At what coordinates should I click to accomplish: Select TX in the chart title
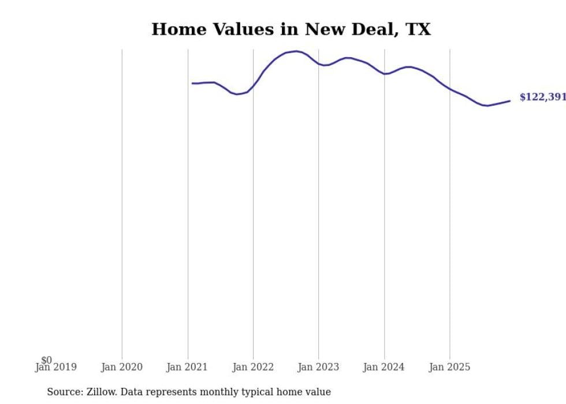coord(418,29)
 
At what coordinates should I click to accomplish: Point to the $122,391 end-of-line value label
coord(542,97)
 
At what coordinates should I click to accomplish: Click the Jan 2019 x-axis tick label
coord(56,367)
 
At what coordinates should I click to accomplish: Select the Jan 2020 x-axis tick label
coord(122,367)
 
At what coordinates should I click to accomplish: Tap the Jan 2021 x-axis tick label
coord(188,367)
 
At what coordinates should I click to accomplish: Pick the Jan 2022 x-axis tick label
coord(253,367)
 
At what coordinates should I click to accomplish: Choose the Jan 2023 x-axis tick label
coord(319,367)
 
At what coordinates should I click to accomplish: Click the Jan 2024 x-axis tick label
coord(385,367)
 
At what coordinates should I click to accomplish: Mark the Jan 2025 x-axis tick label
coord(450,367)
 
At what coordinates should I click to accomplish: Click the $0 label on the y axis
coord(46,360)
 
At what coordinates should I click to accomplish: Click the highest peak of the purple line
coord(296,51)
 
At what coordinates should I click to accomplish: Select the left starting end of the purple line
coord(192,83)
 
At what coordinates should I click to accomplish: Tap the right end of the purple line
coord(510,101)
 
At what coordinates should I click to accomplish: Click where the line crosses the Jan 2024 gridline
coord(385,74)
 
